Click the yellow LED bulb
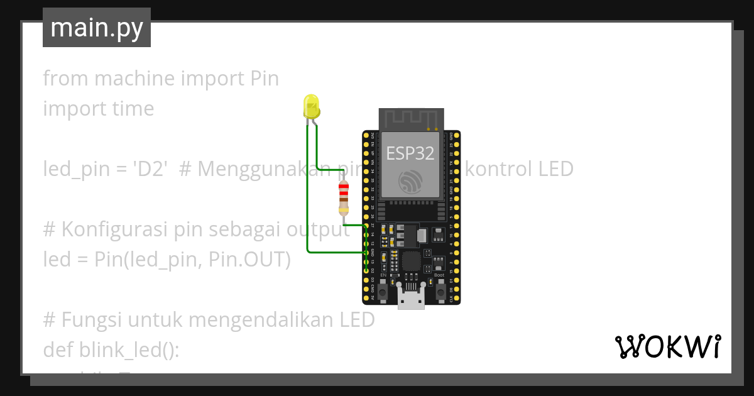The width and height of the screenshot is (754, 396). point(311,106)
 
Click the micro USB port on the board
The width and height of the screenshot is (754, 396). point(412,301)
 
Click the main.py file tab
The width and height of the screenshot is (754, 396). point(97,28)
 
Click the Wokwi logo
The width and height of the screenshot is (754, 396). point(667,346)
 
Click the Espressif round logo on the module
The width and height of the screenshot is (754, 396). point(412,182)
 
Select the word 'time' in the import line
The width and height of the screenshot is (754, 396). point(129,109)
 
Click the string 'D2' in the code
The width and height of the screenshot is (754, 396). point(151,169)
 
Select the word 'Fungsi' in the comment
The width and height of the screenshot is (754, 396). point(92,320)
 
